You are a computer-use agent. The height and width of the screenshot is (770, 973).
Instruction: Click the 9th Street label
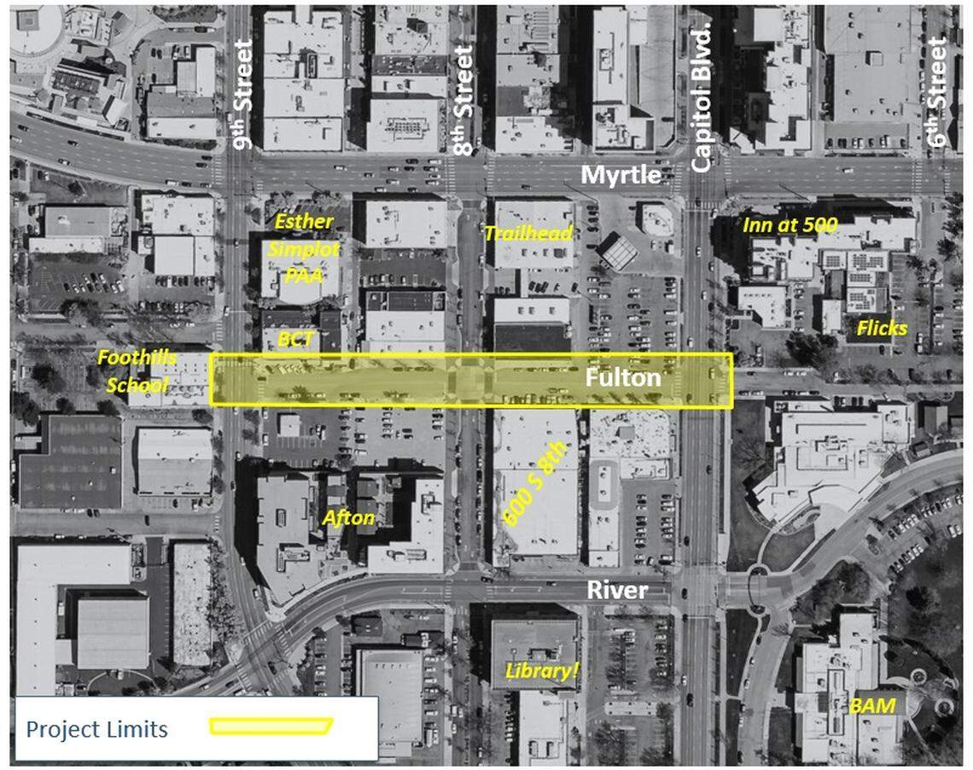coord(243,94)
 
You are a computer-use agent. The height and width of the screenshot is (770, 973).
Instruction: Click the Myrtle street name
coord(621,176)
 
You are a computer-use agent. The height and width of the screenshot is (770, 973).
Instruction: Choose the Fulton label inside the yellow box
coord(623,378)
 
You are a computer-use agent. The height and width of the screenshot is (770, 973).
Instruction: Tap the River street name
coord(617,591)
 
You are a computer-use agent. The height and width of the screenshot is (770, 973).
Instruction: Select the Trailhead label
coord(528,233)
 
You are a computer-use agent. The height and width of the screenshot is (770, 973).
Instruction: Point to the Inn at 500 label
coord(789,225)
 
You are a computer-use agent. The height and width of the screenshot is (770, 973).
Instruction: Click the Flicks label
coord(882,328)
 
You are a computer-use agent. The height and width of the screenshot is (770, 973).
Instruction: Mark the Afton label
coord(348,517)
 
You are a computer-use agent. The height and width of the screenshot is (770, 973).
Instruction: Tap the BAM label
coord(872,706)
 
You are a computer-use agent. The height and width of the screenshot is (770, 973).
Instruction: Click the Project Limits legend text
coord(96,729)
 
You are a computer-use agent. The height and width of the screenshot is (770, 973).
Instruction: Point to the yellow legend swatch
coord(271,726)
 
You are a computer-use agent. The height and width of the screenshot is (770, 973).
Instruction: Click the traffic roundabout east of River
coord(759,588)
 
